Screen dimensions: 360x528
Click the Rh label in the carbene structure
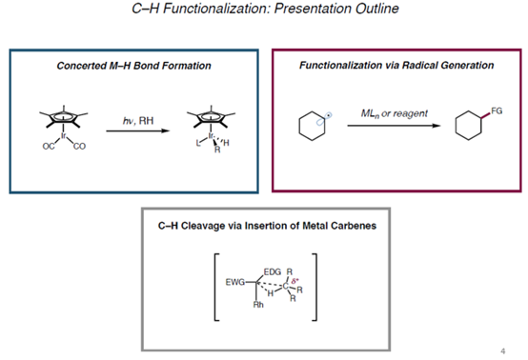tap(256, 305)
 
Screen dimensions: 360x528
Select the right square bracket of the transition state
tap(317, 285)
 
